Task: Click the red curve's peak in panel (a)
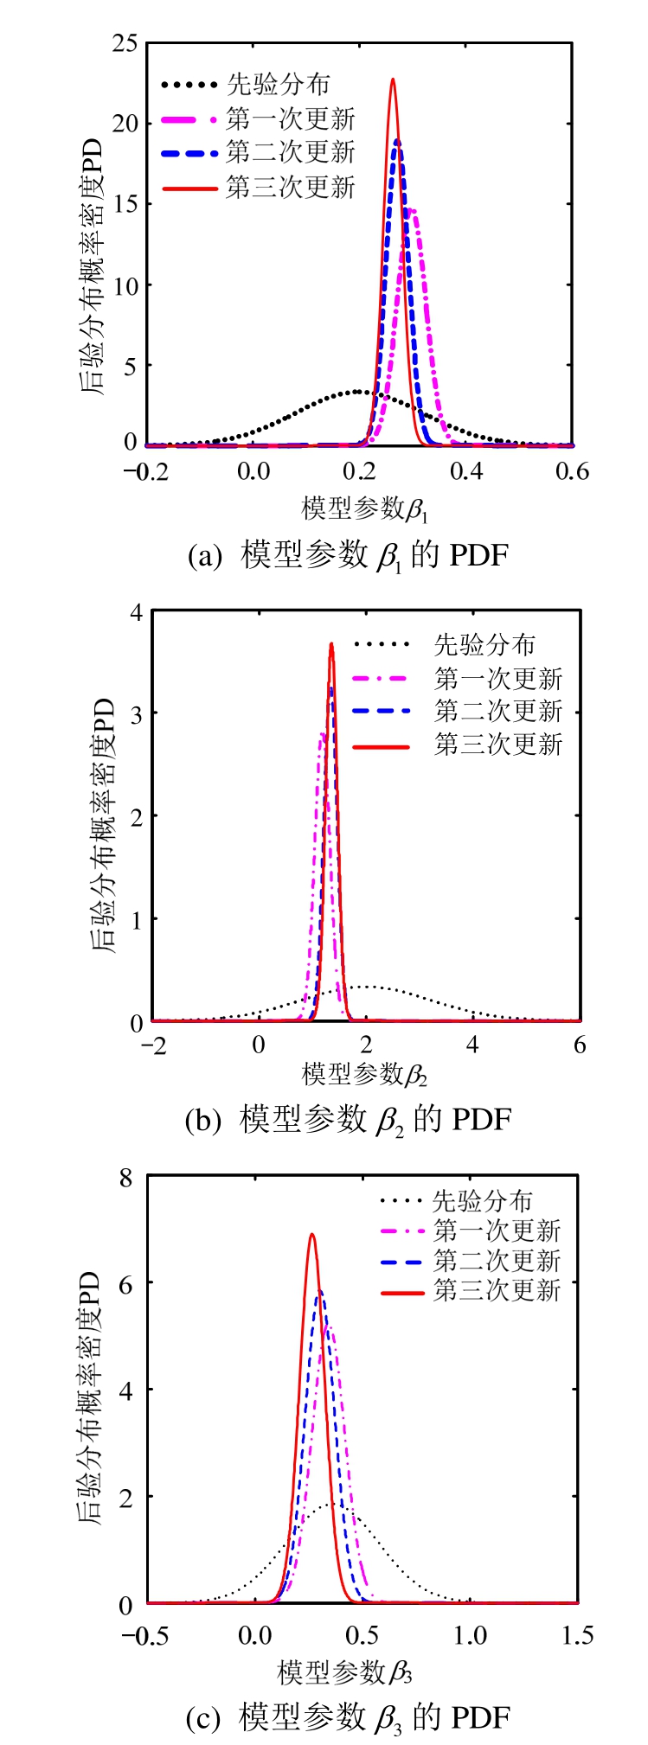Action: coord(393,80)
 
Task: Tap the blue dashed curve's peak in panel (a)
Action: coord(397,140)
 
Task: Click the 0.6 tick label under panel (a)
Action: coord(572,471)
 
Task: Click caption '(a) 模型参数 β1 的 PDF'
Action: coord(348,554)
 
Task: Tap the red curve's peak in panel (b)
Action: coord(330,643)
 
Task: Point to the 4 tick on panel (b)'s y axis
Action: coord(135,611)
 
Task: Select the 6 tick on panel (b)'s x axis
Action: coord(579,1045)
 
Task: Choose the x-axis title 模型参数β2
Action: coord(364,1075)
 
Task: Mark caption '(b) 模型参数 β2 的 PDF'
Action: coord(349,1119)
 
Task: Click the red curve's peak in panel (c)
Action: coord(311,1234)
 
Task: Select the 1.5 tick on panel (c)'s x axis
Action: coord(577,1636)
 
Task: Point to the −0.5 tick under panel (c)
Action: coord(148,1636)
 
